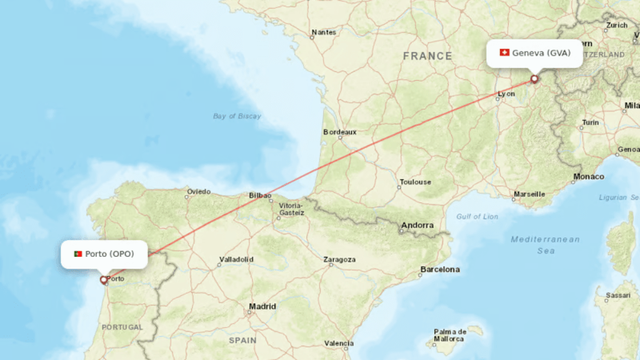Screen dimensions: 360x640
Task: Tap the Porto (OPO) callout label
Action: tap(104, 254)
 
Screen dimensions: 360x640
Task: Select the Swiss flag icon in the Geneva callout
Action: tap(504, 53)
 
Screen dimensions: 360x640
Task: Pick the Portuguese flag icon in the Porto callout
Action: tap(78, 254)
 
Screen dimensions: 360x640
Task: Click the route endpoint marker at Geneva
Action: tap(534, 79)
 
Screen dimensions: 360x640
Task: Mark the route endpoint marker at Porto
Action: tap(104, 280)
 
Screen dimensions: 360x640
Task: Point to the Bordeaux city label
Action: tap(340, 132)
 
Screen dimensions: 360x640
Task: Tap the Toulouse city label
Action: tap(416, 182)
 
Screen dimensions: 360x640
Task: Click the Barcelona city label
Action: tap(440, 269)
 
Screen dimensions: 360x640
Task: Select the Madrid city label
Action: tap(262, 306)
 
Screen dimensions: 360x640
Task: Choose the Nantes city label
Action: tap(323, 32)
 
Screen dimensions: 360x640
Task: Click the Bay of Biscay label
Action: tap(237, 116)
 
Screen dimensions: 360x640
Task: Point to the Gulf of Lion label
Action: tap(477, 216)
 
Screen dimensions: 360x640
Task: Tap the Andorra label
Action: tap(417, 225)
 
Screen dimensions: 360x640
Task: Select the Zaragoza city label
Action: tap(339, 259)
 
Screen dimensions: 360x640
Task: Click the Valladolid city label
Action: tap(236, 259)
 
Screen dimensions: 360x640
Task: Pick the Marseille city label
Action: tap(529, 194)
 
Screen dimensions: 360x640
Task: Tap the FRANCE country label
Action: tap(427, 56)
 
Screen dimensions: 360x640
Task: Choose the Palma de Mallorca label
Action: tap(451, 335)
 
